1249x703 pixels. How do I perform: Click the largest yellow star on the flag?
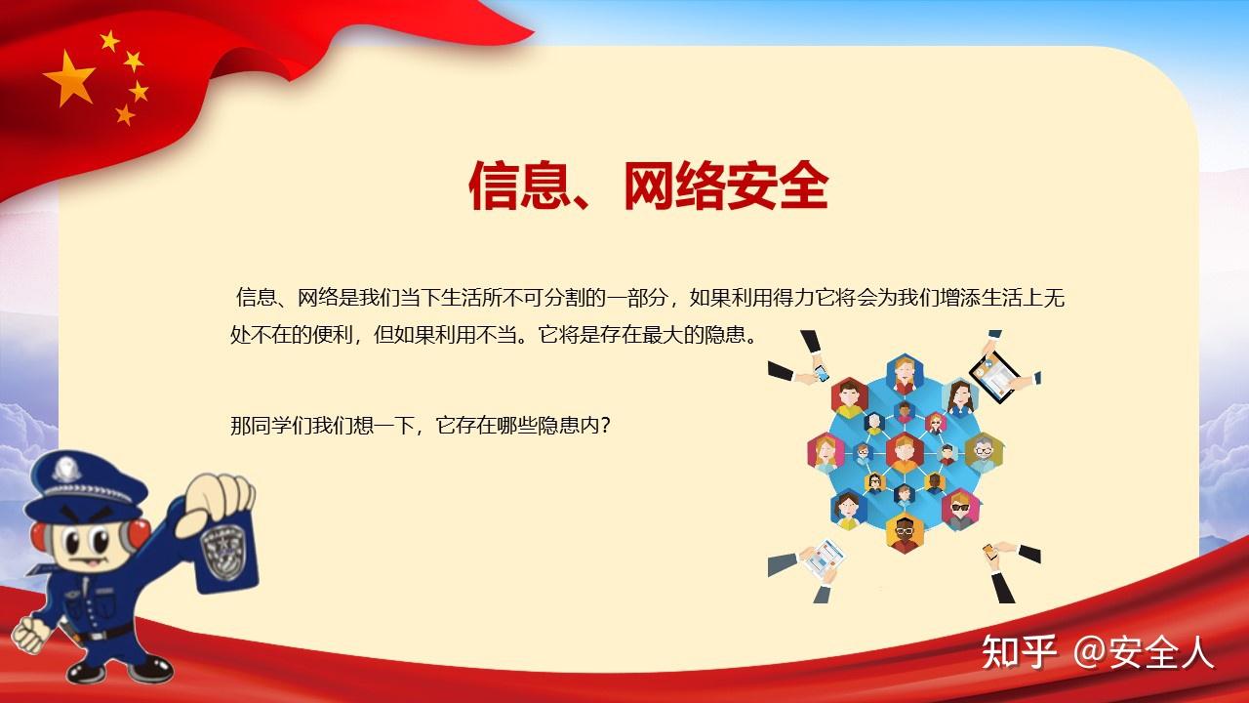click(x=69, y=77)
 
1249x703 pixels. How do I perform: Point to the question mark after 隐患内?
click(x=605, y=427)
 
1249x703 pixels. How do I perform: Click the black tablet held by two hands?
click(x=993, y=374)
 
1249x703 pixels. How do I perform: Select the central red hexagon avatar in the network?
click(x=905, y=451)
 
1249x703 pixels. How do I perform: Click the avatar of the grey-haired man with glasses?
click(x=982, y=451)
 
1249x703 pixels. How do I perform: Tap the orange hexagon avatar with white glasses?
click(x=905, y=533)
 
